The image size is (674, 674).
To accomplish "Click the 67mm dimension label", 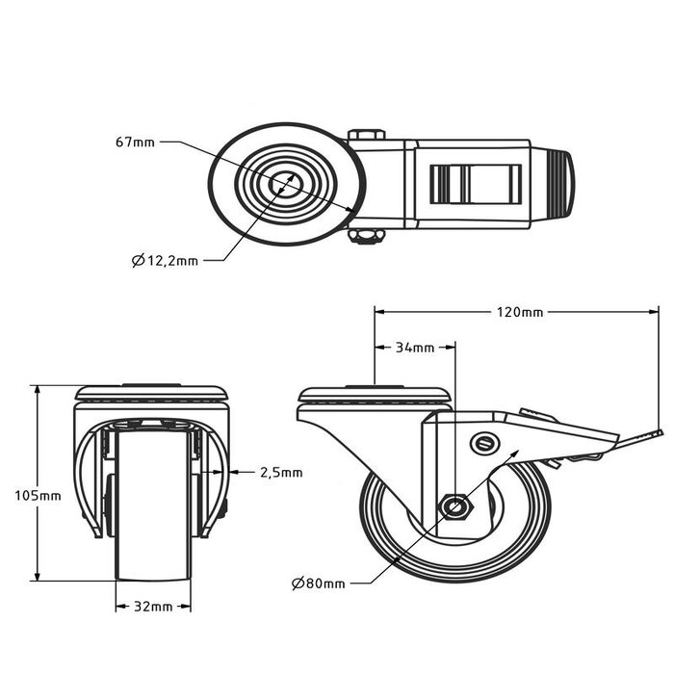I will (134, 143).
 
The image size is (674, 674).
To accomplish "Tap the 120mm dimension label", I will (520, 312).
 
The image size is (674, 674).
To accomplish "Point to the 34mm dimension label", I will (415, 348).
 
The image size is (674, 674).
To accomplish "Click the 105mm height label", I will (38, 495).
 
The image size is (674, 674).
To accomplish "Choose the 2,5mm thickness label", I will (281, 472).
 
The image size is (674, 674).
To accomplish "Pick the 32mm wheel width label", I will (153, 607).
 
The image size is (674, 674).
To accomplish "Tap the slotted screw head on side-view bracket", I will (483, 442).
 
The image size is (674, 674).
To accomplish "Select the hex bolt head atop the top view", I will (368, 135).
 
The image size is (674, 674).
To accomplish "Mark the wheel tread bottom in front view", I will (153, 578).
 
